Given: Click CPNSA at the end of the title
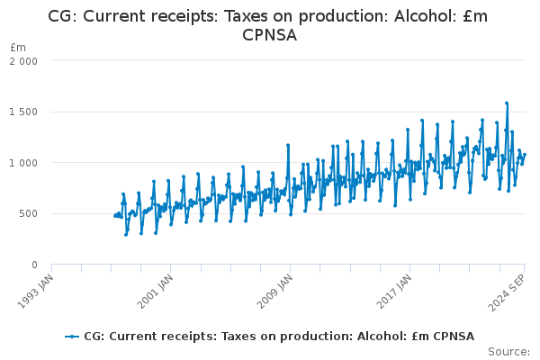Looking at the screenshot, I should pos(270,35).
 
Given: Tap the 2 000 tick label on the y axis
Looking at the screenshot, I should pos(23,61).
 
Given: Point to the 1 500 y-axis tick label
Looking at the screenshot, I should pos(23,112).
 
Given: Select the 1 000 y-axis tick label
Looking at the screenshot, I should pos(23,163).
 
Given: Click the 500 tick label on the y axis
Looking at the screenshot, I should pos(29,214).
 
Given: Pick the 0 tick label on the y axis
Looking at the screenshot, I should pos(33,265).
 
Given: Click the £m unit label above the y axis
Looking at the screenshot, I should pos(18,47).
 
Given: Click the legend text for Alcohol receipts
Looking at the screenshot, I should pos(279,337).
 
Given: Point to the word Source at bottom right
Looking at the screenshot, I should pos(510,351).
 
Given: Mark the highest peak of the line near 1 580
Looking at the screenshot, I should pos(507,103).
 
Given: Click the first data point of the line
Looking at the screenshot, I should pos(115,216).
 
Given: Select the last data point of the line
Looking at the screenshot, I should pos(525,155).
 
